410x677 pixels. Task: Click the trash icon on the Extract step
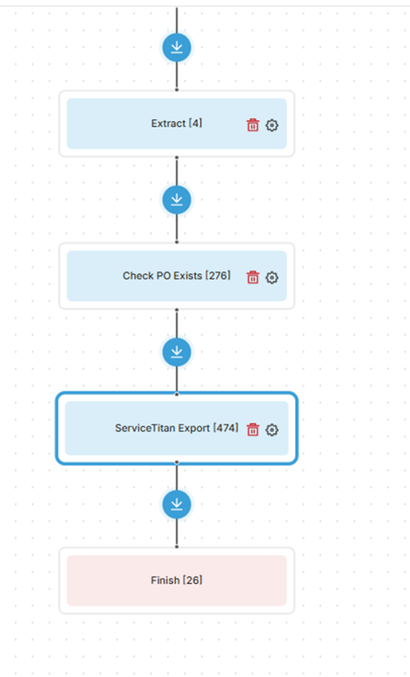[253, 125]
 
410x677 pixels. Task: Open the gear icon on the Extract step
[272, 125]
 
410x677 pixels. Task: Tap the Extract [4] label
[177, 124]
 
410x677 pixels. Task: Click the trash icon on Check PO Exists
[253, 277]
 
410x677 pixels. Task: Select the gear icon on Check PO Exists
[272, 277]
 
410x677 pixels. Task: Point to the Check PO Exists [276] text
[177, 276]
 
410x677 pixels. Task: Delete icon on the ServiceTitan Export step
[253, 430]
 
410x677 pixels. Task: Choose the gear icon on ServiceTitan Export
[272, 430]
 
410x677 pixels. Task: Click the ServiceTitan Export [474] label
[177, 428]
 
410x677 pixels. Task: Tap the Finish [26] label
[177, 580]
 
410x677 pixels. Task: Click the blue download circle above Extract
[177, 48]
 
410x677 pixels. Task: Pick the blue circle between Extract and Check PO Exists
[177, 200]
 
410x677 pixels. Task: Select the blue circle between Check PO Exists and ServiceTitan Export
[177, 352]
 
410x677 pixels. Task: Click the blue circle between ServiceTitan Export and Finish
[177, 504]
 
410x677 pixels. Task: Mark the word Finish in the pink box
[165, 580]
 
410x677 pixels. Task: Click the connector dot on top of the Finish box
[177, 547]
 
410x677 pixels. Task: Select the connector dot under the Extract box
[177, 157]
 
